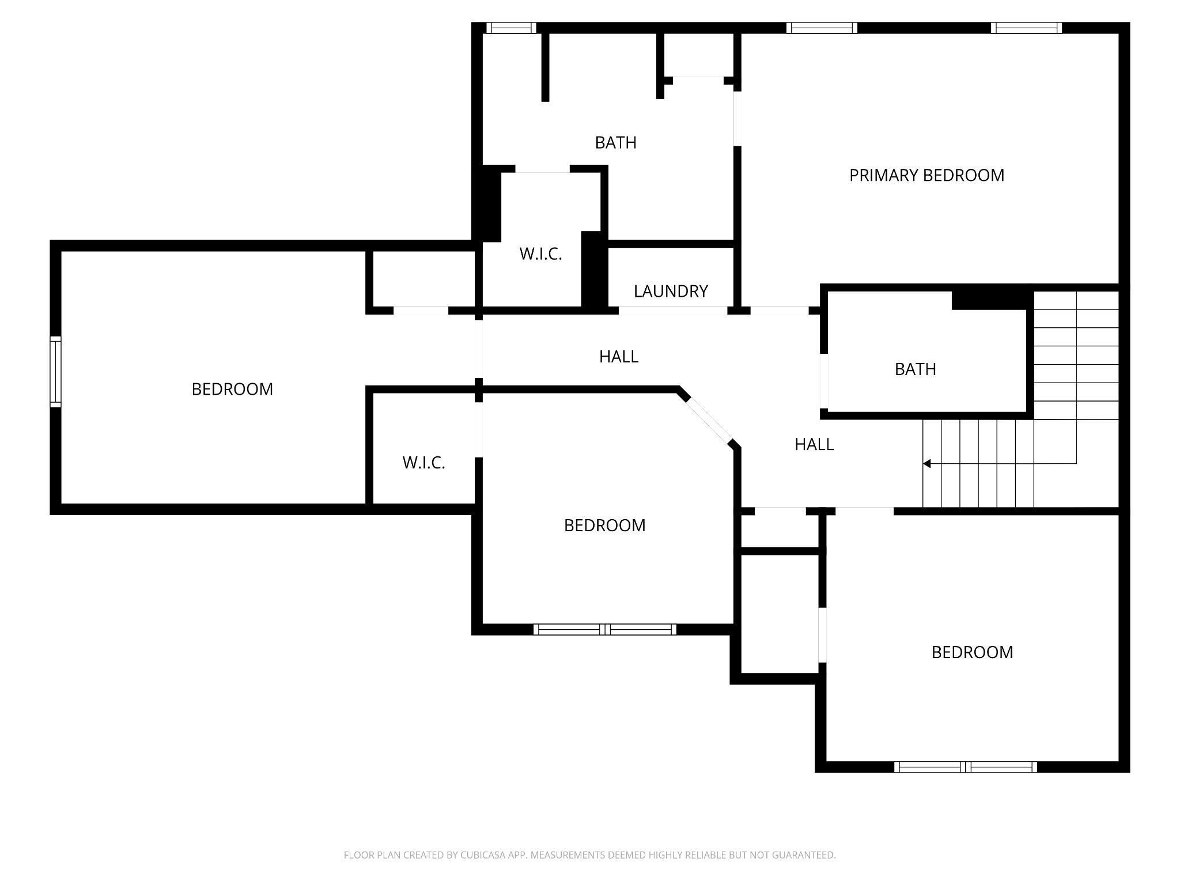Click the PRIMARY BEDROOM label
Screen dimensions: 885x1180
(x=926, y=175)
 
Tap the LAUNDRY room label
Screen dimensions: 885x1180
(x=671, y=292)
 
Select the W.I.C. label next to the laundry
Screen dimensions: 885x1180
(x=540, y=254)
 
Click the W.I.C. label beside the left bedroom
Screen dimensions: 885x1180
(x=423, y=463)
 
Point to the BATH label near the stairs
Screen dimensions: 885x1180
(x=915, y=369)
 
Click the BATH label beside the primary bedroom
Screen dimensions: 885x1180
(x=615, y=143)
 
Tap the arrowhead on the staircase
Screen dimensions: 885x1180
(x=926, y=463)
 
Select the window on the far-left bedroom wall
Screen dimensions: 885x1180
(x=55, y=372)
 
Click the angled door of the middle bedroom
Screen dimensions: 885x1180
(x=709, y=419)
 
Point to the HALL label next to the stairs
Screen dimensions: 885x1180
(x=814, y=444)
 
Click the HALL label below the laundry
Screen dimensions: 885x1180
(x=619, y=357)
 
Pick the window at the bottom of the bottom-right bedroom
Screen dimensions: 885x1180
(x=965, y=767)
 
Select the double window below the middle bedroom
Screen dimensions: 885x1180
(x=604, y=629)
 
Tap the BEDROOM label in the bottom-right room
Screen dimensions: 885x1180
(x=972, y=652)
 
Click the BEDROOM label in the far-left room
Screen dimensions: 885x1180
(x=232, y=389)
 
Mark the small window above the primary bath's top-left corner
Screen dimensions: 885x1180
(x=511, y=28)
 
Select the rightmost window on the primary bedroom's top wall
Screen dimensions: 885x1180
(x=1026, y=28)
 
